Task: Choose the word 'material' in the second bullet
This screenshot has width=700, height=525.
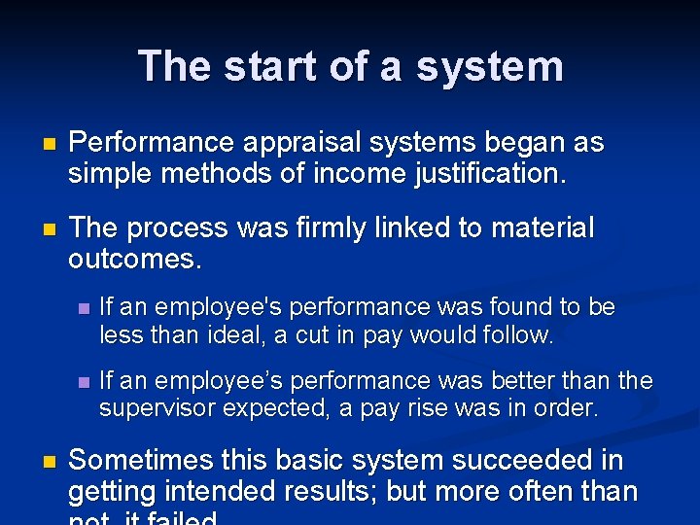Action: coord(539,228)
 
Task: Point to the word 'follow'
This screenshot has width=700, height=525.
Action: coord(517,336)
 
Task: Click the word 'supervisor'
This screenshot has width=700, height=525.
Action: coord(157,409)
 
